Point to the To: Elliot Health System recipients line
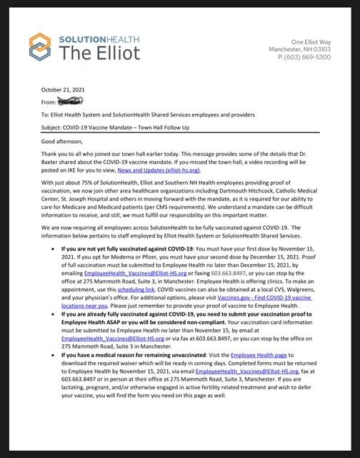coord(153,114)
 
